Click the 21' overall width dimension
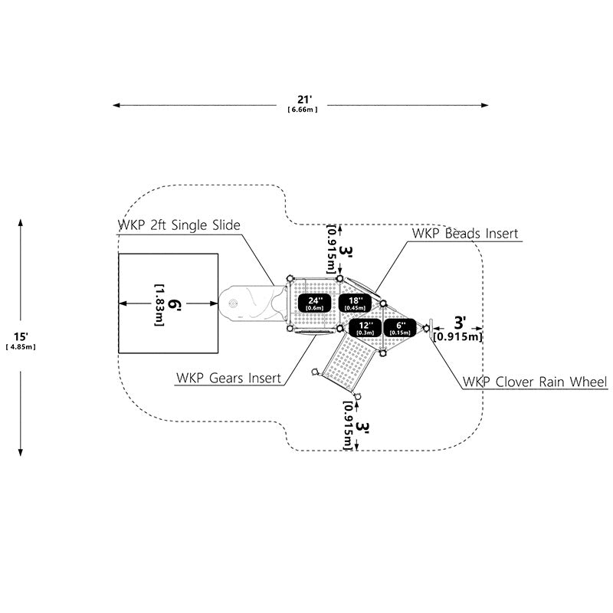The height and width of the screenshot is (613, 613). (303, 100)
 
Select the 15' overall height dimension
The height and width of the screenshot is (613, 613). (21, 336)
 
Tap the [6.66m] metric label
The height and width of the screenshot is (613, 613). (303, 110)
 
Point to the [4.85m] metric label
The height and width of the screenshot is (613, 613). (21, 347)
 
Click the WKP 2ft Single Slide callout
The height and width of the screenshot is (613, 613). (179, 225)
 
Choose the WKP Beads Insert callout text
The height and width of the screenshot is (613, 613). (465, 234)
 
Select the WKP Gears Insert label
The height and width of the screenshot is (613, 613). (228, 378)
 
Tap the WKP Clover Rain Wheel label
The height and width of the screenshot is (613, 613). (535, 382)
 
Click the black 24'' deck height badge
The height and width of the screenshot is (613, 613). (315, 303)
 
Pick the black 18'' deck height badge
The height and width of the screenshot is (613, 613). (355, 303)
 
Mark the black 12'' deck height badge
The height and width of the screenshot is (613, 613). (366, 328)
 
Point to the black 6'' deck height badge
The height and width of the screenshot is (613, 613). (400, 328)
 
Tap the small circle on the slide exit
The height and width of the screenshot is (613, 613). (233, 303)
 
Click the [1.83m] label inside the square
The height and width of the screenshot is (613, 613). (159, 304)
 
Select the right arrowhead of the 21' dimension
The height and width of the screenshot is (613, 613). (485, 105)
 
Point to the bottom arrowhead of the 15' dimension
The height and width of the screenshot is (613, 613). (21, 452)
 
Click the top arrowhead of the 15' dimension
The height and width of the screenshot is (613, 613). (21, 223)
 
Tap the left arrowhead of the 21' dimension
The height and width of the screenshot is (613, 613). (116, 105)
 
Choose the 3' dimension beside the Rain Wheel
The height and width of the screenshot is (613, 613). (460, 323)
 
